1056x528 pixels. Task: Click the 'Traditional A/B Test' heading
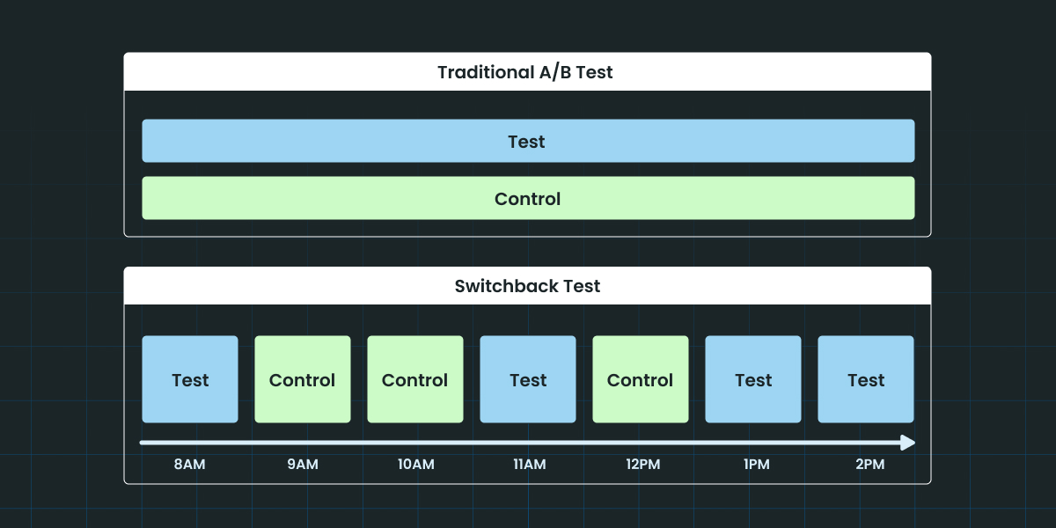pos(525,72)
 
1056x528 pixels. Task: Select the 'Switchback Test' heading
pos(527,286)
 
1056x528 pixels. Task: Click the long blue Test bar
pos(528,141)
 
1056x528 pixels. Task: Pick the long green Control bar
pos(528,198)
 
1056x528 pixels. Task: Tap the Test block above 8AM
pos(190,379)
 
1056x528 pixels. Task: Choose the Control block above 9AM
pos(303,379)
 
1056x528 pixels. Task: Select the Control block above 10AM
pos(415,379)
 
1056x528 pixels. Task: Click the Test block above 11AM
pos(528,379)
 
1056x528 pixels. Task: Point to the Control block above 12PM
pos(641,379)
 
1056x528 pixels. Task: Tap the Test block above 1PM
pos(753,379)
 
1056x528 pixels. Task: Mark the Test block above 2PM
pos(866,379)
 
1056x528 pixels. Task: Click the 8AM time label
pos(189,465)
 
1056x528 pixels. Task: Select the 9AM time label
pos(303,465)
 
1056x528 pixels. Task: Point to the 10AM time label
pos(415,465)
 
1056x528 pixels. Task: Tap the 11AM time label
pos(530,465)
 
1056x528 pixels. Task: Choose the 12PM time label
pos(643,465)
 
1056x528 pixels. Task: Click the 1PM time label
pos(757,465)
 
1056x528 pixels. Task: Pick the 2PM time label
pos(870,465)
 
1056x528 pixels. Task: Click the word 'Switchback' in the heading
pos(506,286)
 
